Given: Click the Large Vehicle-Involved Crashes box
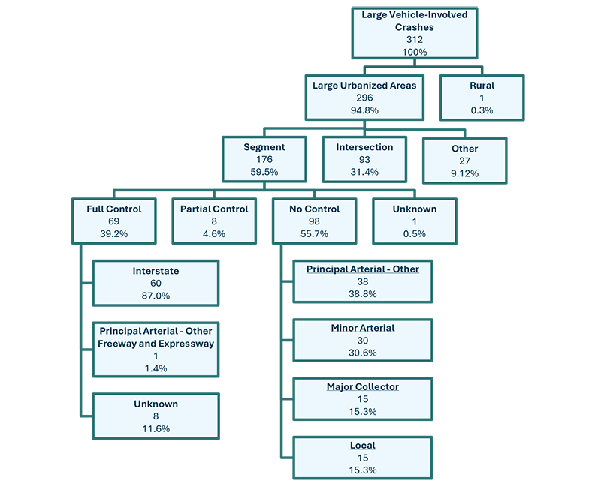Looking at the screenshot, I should click(414, 33).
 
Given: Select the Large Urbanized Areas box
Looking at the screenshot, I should click(364, 97).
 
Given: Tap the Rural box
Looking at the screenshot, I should click(482, 97).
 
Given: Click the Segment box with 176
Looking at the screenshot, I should click(264, 159).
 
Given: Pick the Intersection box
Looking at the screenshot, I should click(364, 159).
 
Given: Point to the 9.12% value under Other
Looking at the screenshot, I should click(464, 173).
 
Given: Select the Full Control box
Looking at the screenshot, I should click(113, 221).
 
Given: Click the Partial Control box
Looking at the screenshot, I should click(213, 221).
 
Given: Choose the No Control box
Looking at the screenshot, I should click(314, 221).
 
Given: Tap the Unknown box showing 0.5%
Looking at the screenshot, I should click(414, 221).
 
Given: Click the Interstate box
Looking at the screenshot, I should click(156, 283).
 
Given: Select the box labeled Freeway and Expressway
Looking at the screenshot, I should click(156, 350).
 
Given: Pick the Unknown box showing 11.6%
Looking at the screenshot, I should click(156, 416).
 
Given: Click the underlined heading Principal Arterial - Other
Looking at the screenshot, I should click(363, 269).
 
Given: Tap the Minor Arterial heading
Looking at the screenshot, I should click(363, 328).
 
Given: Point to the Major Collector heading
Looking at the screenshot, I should click(363, 386).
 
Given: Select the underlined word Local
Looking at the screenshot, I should click(363, 445).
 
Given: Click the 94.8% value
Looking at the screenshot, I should click(364, 110).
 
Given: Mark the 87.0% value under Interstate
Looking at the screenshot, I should click(156, 296).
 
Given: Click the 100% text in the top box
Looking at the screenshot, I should click(414, 52).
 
